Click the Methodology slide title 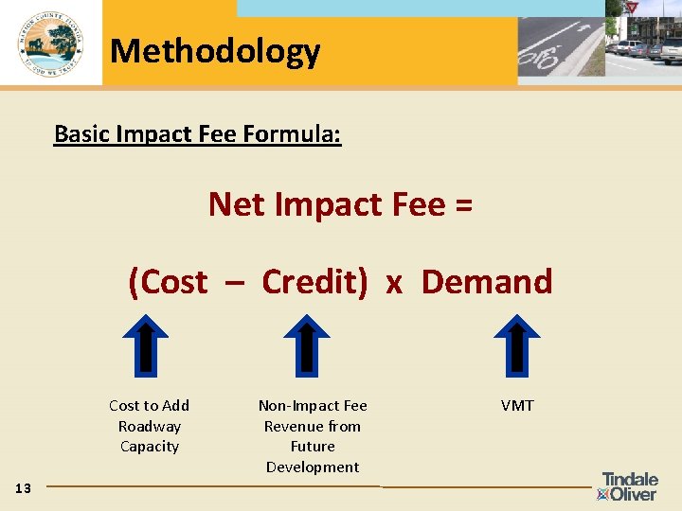(215, 50)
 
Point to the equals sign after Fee (463, 203)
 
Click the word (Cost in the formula (168, 281)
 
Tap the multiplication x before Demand (394, 282)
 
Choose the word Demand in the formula (487, 281)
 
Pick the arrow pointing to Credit (307, 344)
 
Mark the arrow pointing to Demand (517, 344)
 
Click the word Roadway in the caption (150, 426)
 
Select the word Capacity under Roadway (150, 446)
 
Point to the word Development (313, 467)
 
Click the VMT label (517, 405)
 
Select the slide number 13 (24, 488)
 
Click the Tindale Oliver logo (629, 485)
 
